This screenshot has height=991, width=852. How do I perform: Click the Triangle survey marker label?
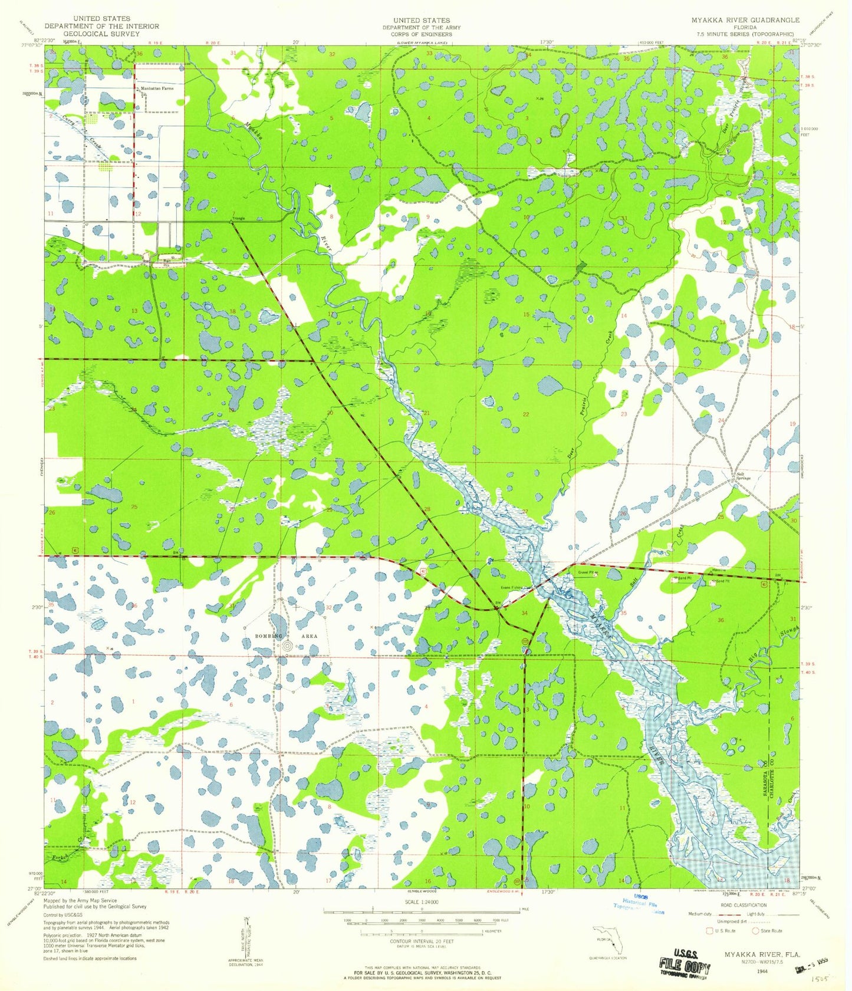pos(238,219)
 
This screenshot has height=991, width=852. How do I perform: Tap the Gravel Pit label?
pos(587,572)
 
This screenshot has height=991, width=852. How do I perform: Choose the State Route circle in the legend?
pos(756,931)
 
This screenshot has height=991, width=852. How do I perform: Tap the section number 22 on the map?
pos(525,414)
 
